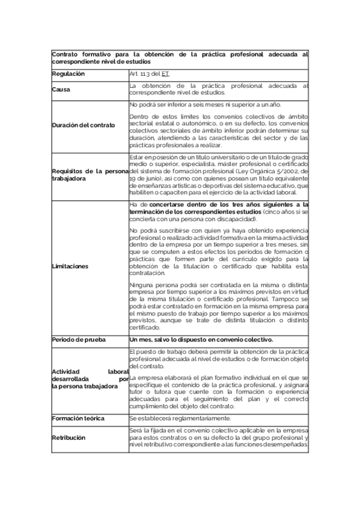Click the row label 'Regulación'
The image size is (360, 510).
68,74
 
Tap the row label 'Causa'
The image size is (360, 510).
61,90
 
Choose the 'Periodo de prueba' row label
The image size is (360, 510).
78,340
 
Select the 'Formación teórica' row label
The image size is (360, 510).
78,419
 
